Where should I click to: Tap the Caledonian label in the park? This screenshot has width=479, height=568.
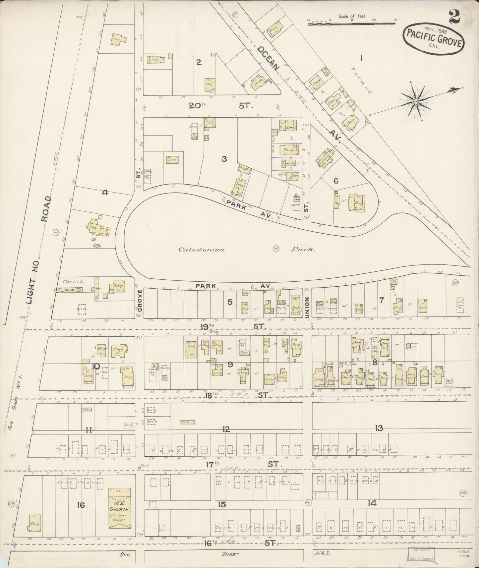pyautogui.click(x=202, y=250)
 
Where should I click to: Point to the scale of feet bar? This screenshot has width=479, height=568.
pyautogui.click(x=352, y=24)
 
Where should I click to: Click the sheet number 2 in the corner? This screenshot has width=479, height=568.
pyautogui.click(x=454, y=17)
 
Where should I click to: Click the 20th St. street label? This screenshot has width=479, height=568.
pyautogui.click(x=221, y=106)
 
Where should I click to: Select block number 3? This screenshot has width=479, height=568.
pyautogui.click(x=224, y=159)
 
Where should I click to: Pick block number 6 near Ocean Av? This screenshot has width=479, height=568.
pyautogui.click(x=336, y=181)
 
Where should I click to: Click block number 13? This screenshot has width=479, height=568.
pyautogui.click(x=379, y=428)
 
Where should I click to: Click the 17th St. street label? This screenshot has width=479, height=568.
pyautogui.click(x=245, y=464)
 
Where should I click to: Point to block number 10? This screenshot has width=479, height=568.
pyautogui.click(x=96, y=366)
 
